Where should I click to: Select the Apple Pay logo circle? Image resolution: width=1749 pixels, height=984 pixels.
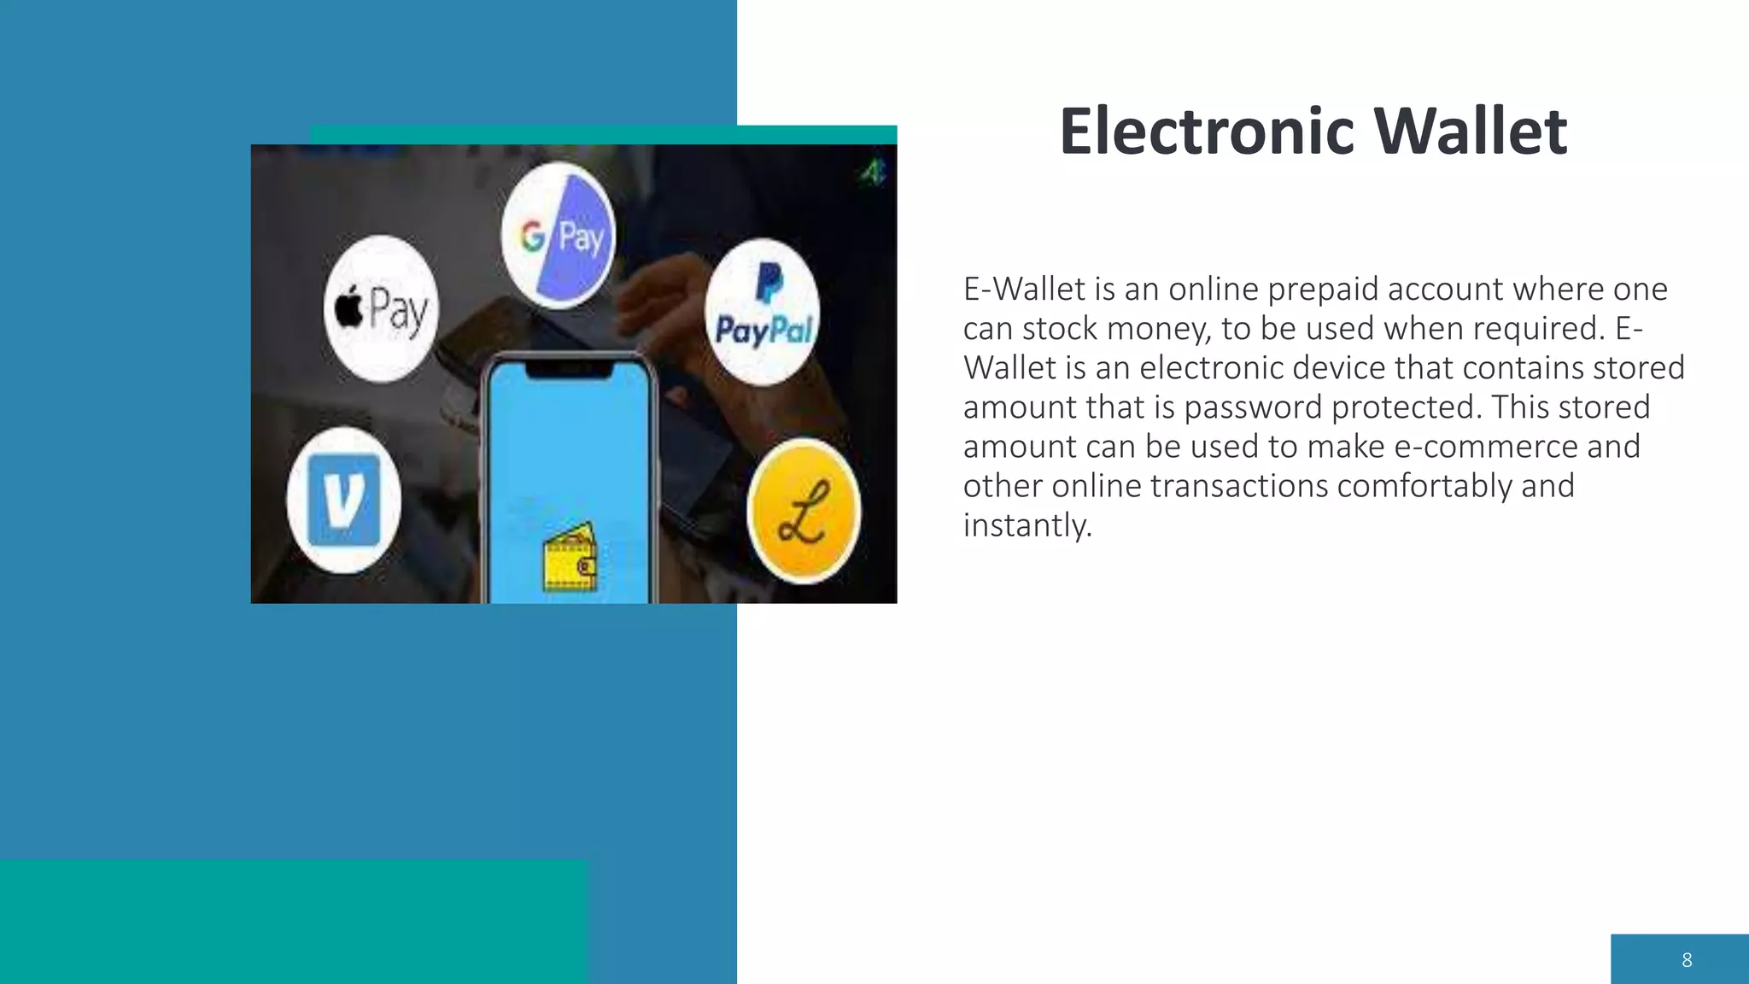[x=381, y=307]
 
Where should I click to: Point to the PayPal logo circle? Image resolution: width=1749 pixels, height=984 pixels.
[x=763, y=312]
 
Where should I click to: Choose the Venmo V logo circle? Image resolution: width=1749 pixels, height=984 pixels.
[x=343, y=500]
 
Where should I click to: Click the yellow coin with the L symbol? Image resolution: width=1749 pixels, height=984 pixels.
[x=804, y=511]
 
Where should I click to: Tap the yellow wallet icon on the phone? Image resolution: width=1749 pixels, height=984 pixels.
[x=570, y=559]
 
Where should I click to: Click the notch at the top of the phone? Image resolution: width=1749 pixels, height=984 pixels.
[x=569, y=368]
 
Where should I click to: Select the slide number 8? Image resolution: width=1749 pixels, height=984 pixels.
[x=1687, y=960]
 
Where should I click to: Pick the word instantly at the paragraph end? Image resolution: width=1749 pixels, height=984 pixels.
[x=1027, y=525]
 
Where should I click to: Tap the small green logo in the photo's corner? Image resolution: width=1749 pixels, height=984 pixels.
[x=872, y=173]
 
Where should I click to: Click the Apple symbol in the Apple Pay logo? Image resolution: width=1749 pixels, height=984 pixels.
[x=348, y=307]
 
